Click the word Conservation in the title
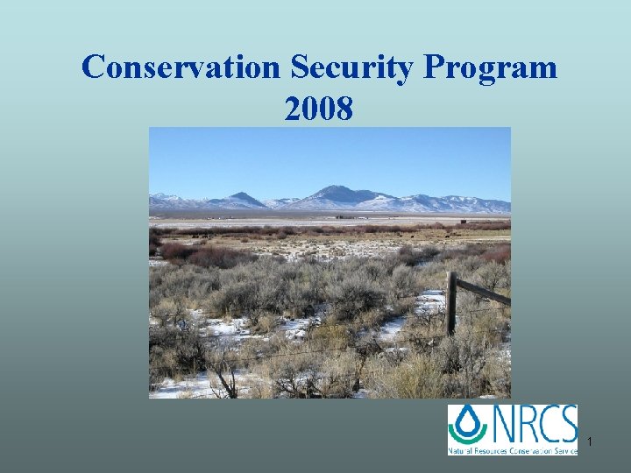click(x=181, y=67)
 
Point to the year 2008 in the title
click(x=319, y=109)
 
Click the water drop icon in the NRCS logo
click(x=467, y=422)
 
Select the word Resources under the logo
click(x=494, y=450)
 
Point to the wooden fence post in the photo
click(x=450, y=303)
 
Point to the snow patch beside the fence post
click(x=429, y=303)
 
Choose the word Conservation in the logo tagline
click(x=536, y=450)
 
